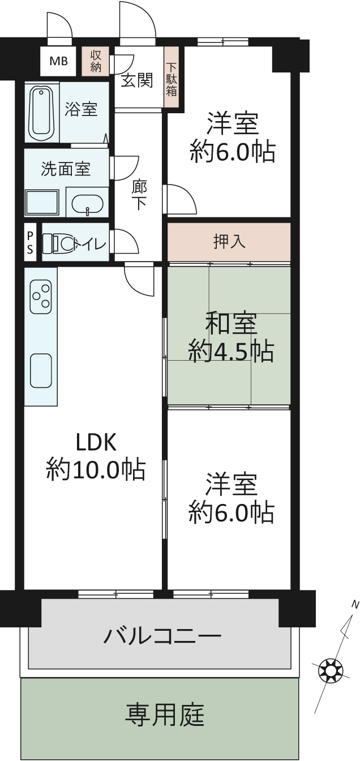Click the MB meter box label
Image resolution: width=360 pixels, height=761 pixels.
click(x=58, y=62)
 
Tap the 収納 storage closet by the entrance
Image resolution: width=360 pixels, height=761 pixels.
click(x=96, y=61)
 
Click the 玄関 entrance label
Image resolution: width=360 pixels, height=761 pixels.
click(x=137, y=80)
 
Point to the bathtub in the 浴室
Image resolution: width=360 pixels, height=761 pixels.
click(x=42, y=112)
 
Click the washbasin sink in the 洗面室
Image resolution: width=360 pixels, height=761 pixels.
click(x=87, y=205)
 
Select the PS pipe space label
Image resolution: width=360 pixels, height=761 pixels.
click(x=30, y=242)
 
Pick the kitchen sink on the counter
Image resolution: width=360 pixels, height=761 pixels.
click(x=41, y=371)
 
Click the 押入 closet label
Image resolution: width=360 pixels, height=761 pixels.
click(x=229, y=242)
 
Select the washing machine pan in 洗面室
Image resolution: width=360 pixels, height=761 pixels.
click(x=42, y=203)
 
